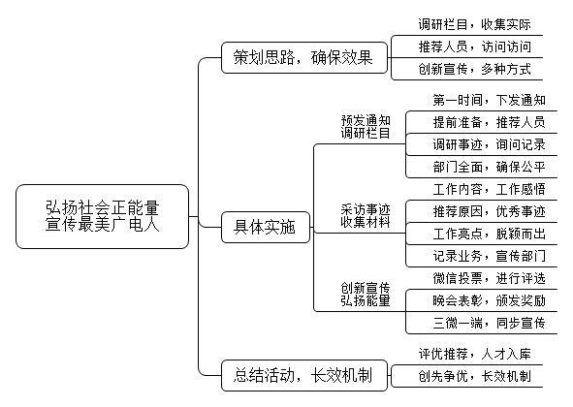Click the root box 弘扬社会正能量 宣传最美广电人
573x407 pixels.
click(x=103, y=216)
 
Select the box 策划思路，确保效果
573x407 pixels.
click(x=304, y=57)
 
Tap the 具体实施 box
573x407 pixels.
click(x=266, y=227)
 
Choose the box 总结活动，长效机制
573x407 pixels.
click(x=304, y=375)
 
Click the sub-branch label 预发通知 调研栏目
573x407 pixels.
click(x=366, y=127)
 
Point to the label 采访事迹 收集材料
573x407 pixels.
click(x=366, y=215)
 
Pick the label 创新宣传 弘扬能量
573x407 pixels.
click(x=366, y=295)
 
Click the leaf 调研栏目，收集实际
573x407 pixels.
click(x=474, y=24)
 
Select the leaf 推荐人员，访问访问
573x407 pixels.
click(x=474, y=47)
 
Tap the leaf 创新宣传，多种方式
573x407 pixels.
click(x=474, y=69)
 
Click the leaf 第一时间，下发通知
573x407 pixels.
click(x=489, y=100)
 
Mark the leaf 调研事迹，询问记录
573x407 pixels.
click(x=489, y=144)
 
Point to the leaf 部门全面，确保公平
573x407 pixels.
click(x=489, y=167)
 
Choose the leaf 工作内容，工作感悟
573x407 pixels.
click(x=489, y=189)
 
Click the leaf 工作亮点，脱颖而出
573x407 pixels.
click(x=489, y=234)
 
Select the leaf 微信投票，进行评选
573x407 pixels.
click(x=489, y=278)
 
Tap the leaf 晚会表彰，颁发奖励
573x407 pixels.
click(x=489, y=300)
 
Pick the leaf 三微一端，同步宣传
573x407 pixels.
click(x=489, y=323)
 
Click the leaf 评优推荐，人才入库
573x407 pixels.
click(x=474, y=354)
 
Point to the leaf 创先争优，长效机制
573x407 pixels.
click(x=474, y=376)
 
